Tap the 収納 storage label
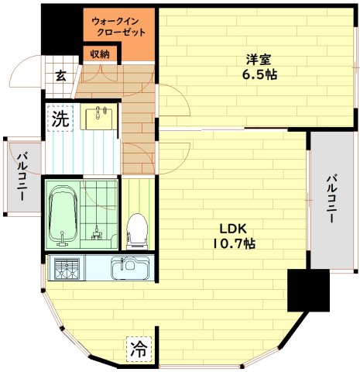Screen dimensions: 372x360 point(100,53)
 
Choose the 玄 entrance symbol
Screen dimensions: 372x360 point(60,76)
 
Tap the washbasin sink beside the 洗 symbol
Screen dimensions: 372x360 point(99,118)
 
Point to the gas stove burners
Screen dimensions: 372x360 point(65,270)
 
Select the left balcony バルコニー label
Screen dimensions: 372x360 point(21,175)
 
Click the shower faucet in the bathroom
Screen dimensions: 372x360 point(96,232)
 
